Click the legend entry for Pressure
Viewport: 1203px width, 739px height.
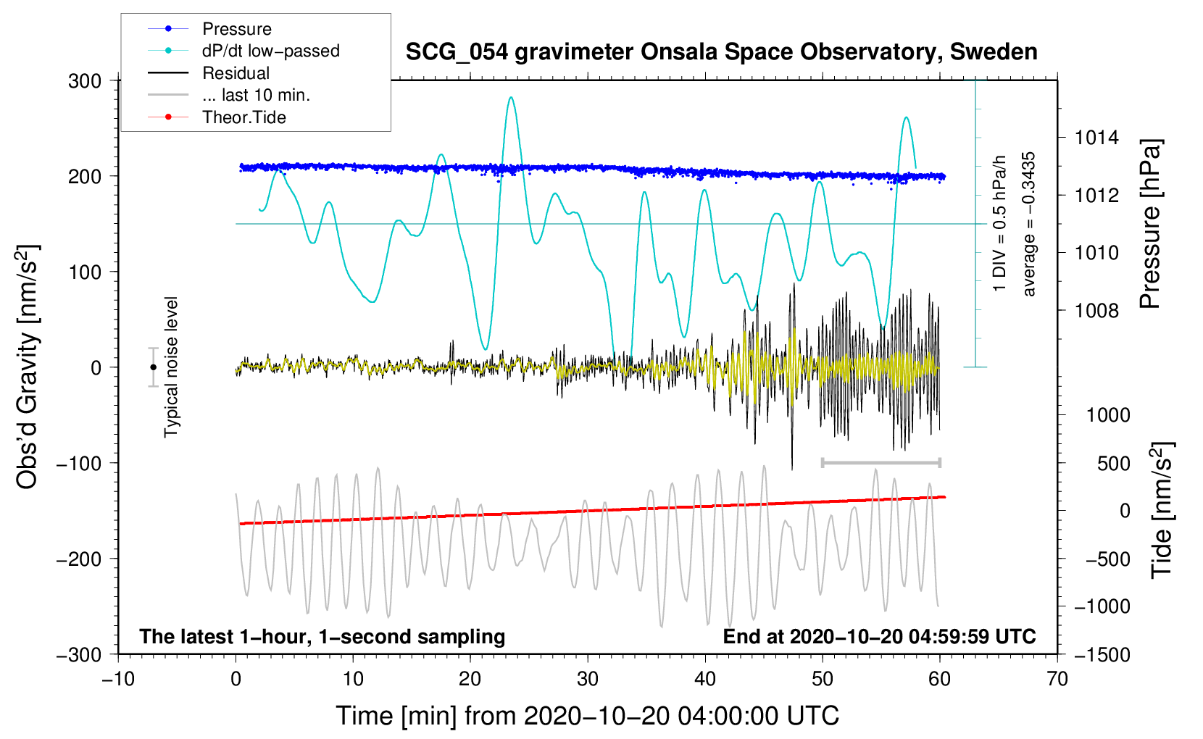click(x=236, y=29)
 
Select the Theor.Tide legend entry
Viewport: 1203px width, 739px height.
click(x=243, y=117)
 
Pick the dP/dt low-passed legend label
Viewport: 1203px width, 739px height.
click(x=270, y=51)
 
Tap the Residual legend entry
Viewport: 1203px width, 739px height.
click(x=236, y=73)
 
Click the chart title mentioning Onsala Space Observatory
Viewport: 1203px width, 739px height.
click(x=721, y=52)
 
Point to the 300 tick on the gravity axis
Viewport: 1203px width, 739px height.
click(x=85, y=80)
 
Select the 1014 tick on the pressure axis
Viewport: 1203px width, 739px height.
click(x=1096, y=138)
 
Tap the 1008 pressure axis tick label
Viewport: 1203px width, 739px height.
click(x=1096, y=311)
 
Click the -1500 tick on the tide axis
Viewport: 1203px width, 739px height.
click(x=1102, y=654)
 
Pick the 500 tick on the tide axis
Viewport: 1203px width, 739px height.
click(x=1113, y=463)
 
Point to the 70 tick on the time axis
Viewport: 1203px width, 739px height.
click(x=1057, y=679)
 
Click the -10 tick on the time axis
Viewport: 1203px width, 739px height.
click(x=118, y=679)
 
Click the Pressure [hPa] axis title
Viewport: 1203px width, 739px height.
click(x=1150, y=224)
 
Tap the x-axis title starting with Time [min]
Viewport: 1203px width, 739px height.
click(x=587, y=716)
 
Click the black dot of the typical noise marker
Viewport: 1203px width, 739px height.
click(x=154, y=367)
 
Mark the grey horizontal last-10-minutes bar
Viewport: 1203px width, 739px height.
click(x=881, y=462)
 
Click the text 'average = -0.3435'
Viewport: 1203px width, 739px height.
click(x=1029, y=224)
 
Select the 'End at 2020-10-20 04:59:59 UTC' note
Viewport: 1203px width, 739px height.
click(x=879, y=636)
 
